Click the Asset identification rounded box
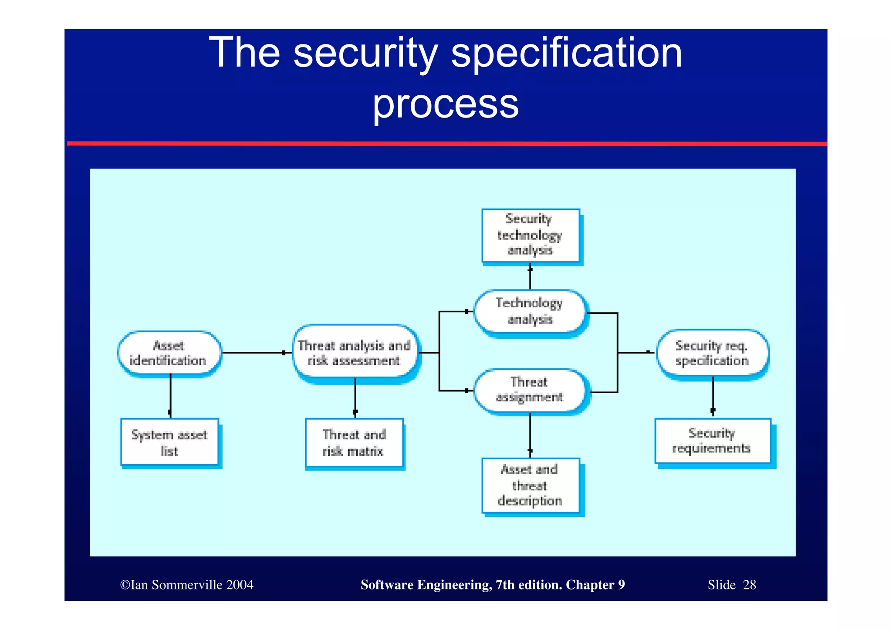click(169, 353)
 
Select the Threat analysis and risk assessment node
click(355, 353)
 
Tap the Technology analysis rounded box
click(530, 311)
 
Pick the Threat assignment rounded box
click(530, 390)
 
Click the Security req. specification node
click(712, 353)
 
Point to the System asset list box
click(169, 442)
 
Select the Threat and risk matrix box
click(354, 443)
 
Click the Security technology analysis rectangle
click(530, 235)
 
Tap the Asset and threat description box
click(530, 485)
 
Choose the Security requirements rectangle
click(712, 441)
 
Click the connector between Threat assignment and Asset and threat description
click(530, 434)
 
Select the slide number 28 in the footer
click(749, 585)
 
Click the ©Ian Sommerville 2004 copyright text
click(187, 585)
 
